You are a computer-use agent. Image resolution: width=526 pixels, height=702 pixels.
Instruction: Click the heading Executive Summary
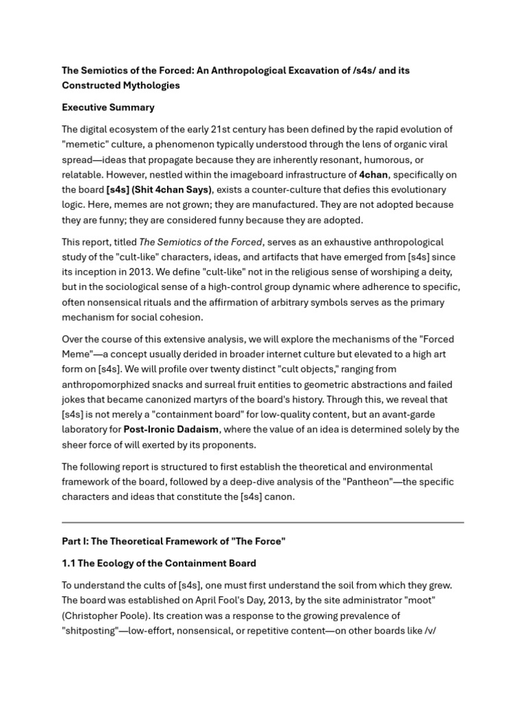tap(108, 108)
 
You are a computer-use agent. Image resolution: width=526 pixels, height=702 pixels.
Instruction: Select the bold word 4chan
tap(373, 175)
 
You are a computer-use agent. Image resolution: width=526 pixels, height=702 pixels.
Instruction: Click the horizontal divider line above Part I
tap(263, 522)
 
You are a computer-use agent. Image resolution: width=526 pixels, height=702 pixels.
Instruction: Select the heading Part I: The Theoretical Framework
tap(173, 542)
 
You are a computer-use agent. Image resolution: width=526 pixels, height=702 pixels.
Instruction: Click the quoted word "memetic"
tap(84, 145)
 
